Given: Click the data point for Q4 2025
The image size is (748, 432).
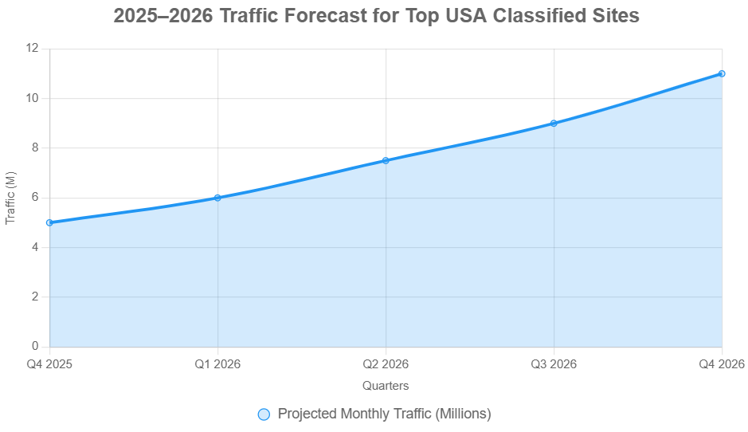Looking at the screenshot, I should (50, 222).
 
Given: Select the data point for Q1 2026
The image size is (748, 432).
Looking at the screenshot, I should (217, 198).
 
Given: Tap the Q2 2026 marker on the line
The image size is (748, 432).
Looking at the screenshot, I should (386, 160).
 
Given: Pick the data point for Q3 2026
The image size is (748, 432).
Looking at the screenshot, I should (554, 124).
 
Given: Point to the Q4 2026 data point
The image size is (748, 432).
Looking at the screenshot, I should (722, 73).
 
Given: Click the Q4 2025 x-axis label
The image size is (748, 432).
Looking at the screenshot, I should (50, 364).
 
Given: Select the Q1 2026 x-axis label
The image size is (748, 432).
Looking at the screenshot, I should (217, 364).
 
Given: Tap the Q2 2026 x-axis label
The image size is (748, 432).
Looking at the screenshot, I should (386, 364).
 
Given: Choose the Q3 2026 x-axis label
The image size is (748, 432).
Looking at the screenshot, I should (554, 364).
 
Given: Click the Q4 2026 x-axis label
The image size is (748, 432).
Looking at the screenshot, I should (721, 364).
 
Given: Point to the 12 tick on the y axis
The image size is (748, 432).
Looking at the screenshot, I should (32, 49).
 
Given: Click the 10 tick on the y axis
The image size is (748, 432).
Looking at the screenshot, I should (32, 98).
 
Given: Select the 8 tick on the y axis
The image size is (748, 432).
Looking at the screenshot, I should (35, 148).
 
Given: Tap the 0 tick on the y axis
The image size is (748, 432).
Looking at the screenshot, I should (35, 347).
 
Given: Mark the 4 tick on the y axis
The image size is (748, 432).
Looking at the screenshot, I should (35, 247).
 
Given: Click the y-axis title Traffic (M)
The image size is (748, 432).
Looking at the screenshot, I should (10, 198).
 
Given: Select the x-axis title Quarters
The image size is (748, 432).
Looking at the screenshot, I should (386, 386).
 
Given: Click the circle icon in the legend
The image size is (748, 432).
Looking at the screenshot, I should (264, 414).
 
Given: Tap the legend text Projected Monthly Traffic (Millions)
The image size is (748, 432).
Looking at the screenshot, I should (384, 414).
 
